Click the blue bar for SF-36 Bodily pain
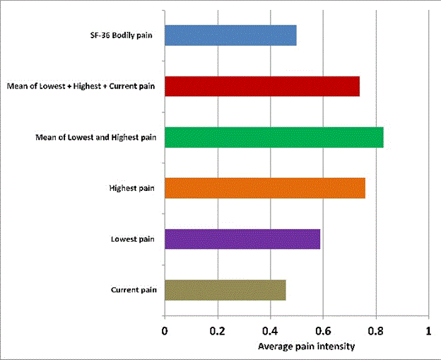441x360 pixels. [230, 35]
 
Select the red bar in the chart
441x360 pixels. [262, 86]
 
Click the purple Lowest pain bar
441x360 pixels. [242, 239]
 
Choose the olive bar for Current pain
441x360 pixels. [225, 290]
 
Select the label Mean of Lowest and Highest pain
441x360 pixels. [95, 137]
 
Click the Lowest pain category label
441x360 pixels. [134, 240]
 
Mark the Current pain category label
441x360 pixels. [134, 291]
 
